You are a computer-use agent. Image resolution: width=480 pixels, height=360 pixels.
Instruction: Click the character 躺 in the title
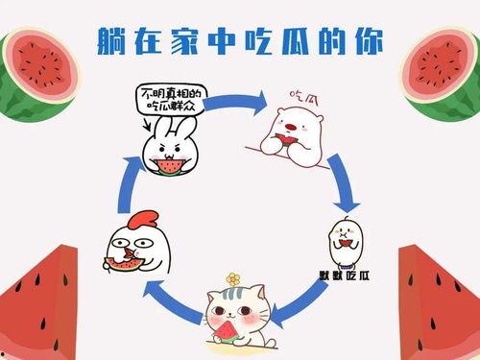coord(113,40)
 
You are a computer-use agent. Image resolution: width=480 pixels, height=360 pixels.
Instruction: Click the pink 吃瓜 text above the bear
coord(305,97)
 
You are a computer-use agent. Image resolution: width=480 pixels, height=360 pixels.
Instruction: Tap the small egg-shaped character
coord(344,241)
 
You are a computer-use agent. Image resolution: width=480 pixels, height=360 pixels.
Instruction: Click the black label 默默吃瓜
coord(344,276)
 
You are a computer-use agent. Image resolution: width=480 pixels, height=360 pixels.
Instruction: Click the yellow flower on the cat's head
coord(232,279)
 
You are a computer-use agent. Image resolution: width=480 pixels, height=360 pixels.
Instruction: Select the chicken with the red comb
coord(128,246)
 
